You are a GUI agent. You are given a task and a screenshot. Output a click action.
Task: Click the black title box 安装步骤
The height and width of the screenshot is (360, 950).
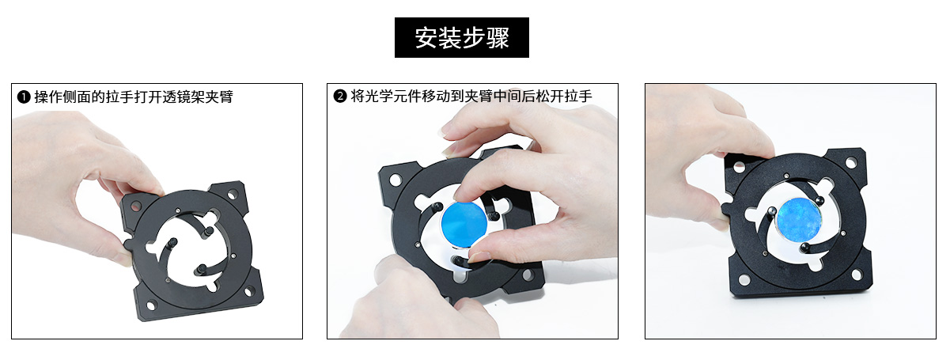[461, 37]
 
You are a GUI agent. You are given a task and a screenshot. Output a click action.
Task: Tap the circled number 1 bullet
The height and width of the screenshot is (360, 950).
[24, 97]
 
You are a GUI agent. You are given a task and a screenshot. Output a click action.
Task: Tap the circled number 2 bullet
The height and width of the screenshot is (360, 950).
[340, 97]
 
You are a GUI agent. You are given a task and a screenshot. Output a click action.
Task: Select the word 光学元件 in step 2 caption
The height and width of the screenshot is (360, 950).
[393, 97]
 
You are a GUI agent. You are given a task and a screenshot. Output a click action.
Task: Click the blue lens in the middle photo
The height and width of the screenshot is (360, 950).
[464, 223]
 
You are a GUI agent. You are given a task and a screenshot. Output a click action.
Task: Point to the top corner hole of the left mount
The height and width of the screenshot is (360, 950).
[233, 195]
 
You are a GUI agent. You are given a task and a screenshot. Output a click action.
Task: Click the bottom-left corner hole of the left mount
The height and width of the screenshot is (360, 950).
[151, 305]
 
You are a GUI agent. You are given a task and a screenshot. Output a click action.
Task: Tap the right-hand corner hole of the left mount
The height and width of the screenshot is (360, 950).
[249, 291]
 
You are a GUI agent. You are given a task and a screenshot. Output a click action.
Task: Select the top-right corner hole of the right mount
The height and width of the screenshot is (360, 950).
[851, 162]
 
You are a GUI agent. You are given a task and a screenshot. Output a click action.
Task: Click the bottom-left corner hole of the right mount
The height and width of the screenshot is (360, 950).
[744, 280]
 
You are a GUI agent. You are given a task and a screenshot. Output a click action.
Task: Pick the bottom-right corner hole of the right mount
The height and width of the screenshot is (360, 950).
[857, 275]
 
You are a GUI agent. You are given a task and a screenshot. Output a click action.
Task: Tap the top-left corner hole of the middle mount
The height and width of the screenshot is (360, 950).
[395, 180]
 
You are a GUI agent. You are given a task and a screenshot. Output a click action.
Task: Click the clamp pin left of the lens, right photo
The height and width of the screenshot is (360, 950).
[772, 211]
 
